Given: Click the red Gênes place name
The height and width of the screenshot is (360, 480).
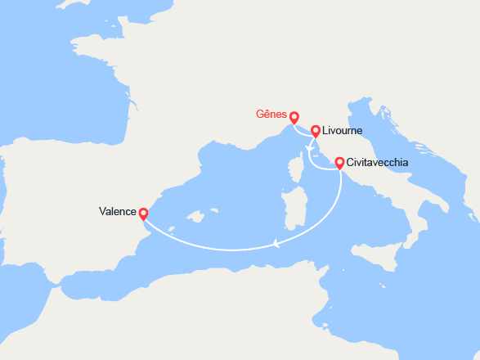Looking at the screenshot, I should pos(272,116).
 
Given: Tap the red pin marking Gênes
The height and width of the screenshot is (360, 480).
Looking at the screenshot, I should pos(294,117).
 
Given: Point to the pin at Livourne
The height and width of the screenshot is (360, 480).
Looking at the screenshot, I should pos(316,131).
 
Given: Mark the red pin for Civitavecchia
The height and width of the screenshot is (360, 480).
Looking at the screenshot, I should pos(339,163).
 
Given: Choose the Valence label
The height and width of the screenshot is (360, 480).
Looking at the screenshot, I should pos(118,211).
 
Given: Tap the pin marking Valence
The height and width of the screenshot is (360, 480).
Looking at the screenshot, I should pos(143,214).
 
